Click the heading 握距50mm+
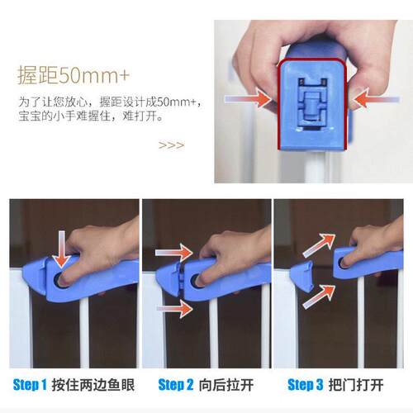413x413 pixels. (74, 75)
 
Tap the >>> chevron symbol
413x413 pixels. (171, 145)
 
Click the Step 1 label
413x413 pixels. (30, 385)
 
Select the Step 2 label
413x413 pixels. (176, 385)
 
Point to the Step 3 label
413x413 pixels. (305, 385)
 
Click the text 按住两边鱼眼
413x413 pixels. (93, 385)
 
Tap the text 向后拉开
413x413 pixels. (226, 385)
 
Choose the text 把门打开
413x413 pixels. (356, 385)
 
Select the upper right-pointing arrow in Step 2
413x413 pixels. (174, 253)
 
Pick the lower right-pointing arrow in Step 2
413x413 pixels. (175, 309)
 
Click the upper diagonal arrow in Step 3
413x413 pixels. (320, 245)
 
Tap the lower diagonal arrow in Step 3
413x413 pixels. (319, 297)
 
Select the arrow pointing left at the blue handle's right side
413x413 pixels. (376, 98)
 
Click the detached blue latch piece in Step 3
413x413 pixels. (302, 277)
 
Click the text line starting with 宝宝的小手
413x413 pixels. (91, 116)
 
